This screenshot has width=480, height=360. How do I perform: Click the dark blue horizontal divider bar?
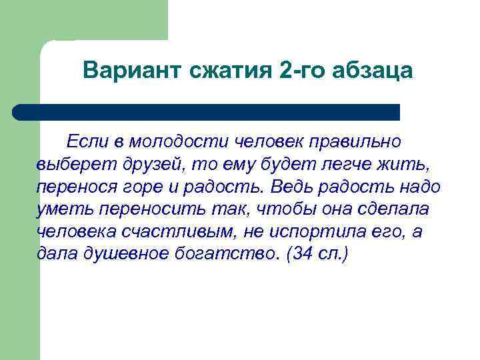207,112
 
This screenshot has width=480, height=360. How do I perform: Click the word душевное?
131,255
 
